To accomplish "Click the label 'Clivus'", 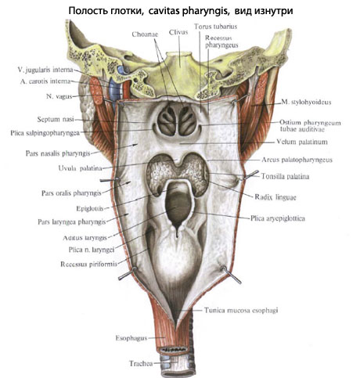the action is pos(178,33).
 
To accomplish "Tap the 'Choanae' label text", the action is pos(145,34).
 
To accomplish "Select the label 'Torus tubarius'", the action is pos(215,27).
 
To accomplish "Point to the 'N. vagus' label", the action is pos(59,96).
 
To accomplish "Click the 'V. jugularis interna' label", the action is pos(45,70).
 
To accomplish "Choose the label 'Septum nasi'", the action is pos(56,120).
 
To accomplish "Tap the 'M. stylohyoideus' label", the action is pos(306,102).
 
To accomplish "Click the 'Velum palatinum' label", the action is pos(302,142).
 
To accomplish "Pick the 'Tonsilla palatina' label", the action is pos(285,177).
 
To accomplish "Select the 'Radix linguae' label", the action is pos(275,197).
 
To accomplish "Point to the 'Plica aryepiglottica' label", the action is pos(278,218).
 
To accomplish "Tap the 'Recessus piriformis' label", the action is pos(88,265).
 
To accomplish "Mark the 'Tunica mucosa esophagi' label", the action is pos(241,310).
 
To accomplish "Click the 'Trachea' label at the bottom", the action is pos(141,363).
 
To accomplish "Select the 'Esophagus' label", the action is pos(131,338).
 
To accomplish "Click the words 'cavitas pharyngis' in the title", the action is pos(189,11).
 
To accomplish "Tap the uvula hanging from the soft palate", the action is pos(178,161).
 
